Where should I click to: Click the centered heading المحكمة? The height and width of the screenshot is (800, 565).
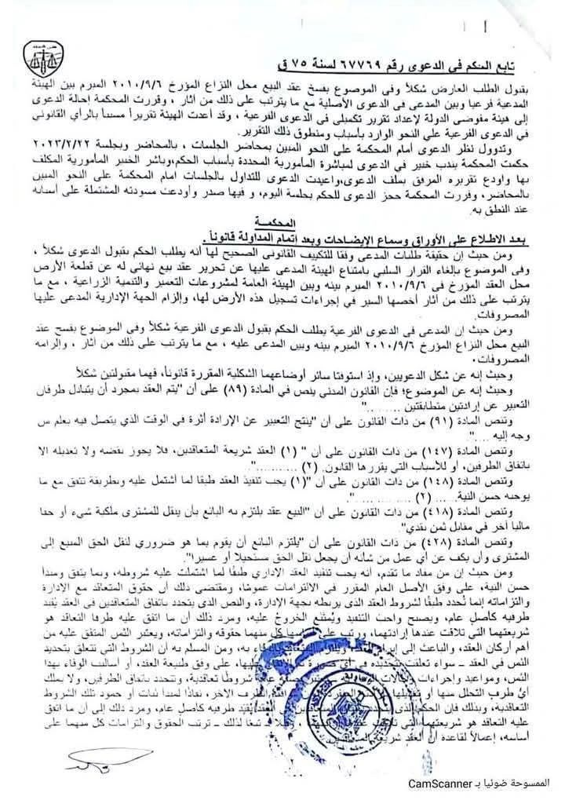pyautogui.click(x=279, y=224)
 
